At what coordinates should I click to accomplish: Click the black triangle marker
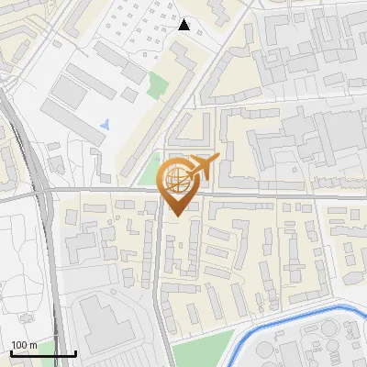click(x=184, y=25)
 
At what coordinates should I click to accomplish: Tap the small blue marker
click(x=106, y=122)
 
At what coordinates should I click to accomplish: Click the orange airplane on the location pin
click(x=204, y=167)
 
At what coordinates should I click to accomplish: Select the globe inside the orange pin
click(x=175, y=180)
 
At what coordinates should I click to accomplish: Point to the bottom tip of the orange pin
click(x=175, y=216)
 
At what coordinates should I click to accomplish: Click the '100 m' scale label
click(x=24, y=345)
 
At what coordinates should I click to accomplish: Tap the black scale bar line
click(x=43, y=354)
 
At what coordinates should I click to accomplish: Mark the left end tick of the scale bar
click(x=11, y=352)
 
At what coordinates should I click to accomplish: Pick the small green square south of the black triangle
click(x=157, y=85)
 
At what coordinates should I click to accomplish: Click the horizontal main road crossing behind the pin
click(x=275, y=195)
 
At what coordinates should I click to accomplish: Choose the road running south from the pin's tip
click(x=160, y=275)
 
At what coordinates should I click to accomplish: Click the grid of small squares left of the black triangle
click(x=138, y=28)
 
